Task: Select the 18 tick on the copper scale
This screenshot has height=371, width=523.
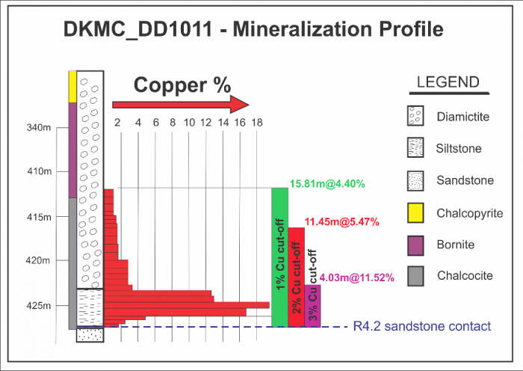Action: tap(256, 123)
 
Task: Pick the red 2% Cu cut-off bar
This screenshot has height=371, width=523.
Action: tap(296, 276)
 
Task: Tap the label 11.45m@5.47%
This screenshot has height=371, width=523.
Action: tap(341, 222)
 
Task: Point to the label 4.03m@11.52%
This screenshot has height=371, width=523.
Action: tap(356, 278)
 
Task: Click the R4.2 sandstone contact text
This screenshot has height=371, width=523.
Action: tap(421, 326)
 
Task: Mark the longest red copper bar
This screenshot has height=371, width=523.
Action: tap(187, 304)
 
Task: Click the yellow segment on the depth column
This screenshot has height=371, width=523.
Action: tap(72, 87)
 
